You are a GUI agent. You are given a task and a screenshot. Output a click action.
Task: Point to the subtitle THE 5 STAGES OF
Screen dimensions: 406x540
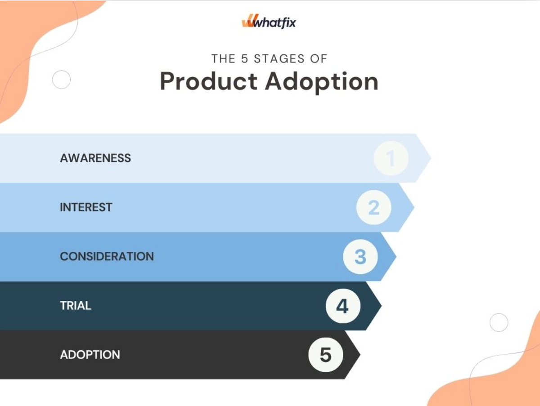[269, 58]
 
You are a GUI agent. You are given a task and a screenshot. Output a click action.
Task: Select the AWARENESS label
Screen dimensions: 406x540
[95, 158]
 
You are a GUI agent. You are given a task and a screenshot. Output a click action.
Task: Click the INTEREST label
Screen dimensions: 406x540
[86, 207]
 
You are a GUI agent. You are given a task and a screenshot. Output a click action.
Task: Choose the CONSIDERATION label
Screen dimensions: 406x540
[107, 256]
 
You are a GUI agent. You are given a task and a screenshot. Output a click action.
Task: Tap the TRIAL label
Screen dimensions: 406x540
[76, 306]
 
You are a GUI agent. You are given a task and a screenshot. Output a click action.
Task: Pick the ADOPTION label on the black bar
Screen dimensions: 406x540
[90, 355]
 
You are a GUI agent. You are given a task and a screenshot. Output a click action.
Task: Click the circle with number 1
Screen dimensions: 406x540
[391, 158]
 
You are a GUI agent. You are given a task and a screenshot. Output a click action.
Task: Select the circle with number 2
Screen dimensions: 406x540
[373, 208]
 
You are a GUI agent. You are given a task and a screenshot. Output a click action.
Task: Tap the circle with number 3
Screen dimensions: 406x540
[360, 257]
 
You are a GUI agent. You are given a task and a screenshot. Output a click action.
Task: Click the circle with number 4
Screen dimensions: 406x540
[342, 306]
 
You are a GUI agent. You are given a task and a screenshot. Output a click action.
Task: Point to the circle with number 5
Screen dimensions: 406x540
[325, 355]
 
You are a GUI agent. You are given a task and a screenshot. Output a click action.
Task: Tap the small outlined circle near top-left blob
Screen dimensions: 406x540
[62, 80]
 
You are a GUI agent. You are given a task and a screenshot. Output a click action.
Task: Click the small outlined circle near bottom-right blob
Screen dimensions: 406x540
[499, 322]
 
